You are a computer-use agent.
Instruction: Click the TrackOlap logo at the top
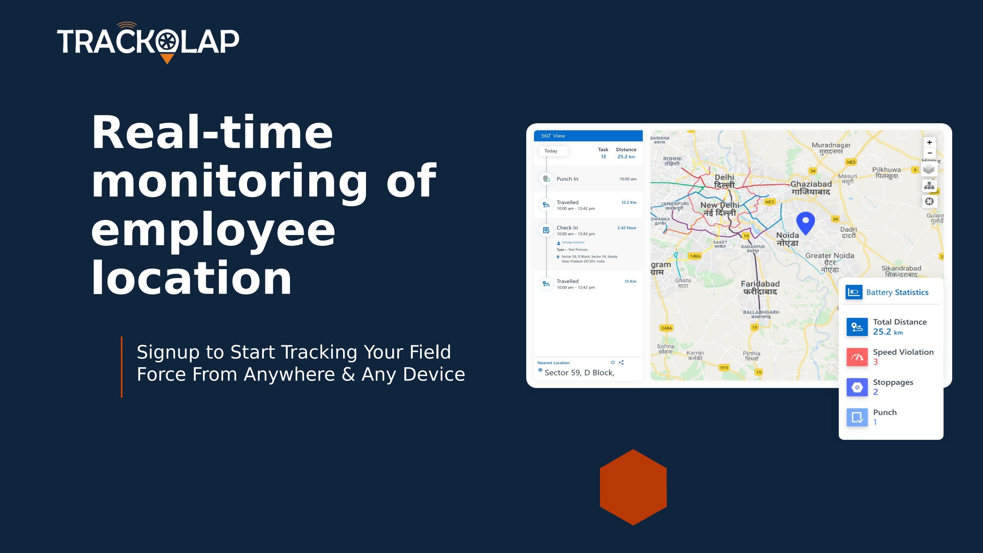[x=148, y=42]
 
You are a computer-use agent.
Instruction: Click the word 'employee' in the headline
[x=213, y=230]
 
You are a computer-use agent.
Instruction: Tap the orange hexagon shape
[x=633, y=487]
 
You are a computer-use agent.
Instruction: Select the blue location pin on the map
[x=805, y=223]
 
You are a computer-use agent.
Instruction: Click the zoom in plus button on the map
[x=929, y=142]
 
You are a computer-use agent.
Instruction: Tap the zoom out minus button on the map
[x=929, y=153]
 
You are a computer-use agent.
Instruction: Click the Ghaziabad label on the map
[x=811, y=188]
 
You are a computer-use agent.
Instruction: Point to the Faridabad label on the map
[x=760, y=287]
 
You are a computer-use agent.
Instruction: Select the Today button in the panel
[x=551, y=151]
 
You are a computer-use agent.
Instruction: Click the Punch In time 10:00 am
[x=628, y=179]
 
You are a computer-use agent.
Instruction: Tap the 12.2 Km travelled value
[x=628, y=203]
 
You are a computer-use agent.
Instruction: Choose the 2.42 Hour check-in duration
[x=626, y=228]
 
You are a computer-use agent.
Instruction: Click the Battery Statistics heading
[x=897, y=292]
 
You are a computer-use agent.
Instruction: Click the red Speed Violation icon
[x=857, y=357]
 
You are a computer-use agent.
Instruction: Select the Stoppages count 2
[x=876, y=392]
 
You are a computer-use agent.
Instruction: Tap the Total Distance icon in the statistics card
[x=857, y=327]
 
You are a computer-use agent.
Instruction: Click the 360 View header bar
[x=588, y=136]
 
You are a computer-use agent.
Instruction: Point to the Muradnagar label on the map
[x=831, y=148]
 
